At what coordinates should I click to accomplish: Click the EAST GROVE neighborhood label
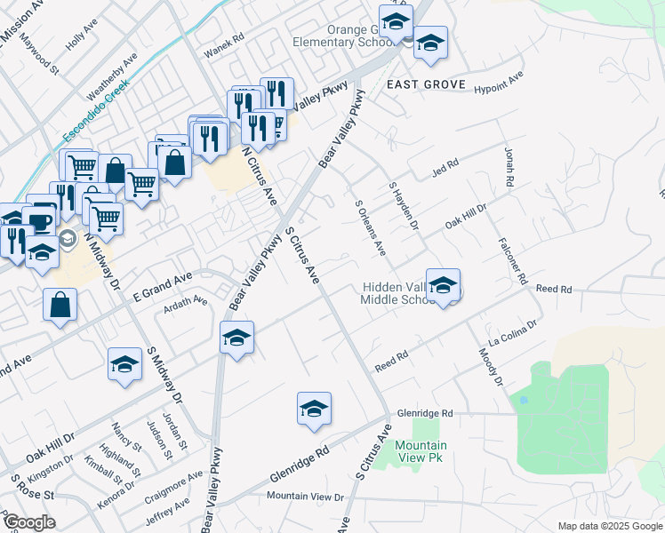pyautogui.click(x=427, y=84)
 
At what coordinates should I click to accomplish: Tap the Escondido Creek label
pyautogui.click(x=96, y=111)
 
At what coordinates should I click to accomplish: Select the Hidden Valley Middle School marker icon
pyautogui.click(x=443, y=285)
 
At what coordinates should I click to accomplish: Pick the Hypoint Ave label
pyautogui.click(x=499, y=88)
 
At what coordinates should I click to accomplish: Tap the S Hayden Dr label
pyautogui.click(x=403, y=206)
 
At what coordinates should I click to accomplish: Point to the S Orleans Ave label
pyautogui.click(x=370, y=228)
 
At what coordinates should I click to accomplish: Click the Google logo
pyautogui.click(x=28, y=522)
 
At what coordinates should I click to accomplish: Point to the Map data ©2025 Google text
pyautogui.click(x=609, y=526)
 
